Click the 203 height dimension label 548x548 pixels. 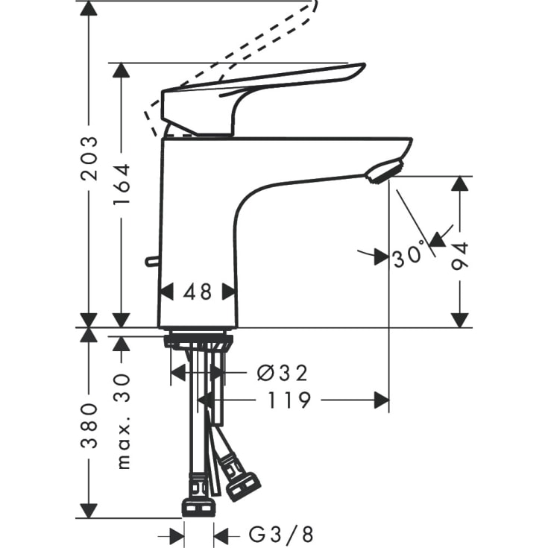(x=89, y=158)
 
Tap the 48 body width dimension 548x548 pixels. (x=198, y=291)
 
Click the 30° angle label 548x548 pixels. (x=409, y=257)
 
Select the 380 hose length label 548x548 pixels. (x=89, y=426)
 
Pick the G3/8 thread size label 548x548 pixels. (x=281, y=534)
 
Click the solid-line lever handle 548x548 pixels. (x=261, y=89)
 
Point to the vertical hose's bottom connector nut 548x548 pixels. (x=199, y=507)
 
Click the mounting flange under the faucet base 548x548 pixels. (x=198, y=341)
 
